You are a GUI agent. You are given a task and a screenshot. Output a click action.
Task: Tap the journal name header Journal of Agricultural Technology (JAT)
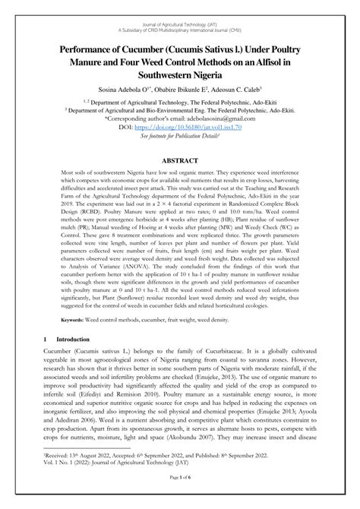180,7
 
